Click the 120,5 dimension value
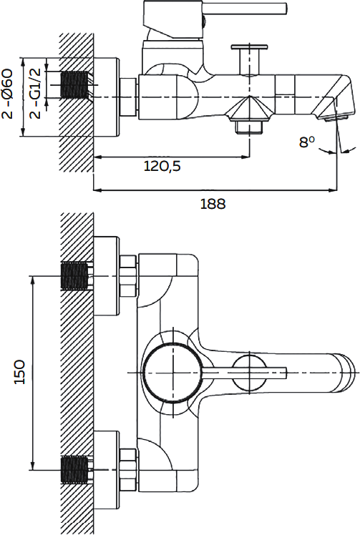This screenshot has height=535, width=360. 162,166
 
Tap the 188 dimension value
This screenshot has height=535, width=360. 213,204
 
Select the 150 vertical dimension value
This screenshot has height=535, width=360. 20,371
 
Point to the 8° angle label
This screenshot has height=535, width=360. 307,142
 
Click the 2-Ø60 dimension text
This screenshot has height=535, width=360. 7,94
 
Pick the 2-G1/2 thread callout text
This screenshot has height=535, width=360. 35,93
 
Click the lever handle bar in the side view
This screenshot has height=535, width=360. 245,8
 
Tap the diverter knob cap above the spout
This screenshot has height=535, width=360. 250,46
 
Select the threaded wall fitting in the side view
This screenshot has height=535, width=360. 74,84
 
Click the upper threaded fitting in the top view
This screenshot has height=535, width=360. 75,275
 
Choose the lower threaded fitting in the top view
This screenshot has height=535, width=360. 75,471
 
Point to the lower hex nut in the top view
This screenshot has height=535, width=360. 128,470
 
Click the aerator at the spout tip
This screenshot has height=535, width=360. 336,119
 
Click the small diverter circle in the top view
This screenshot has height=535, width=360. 250,372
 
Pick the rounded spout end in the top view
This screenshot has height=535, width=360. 346,373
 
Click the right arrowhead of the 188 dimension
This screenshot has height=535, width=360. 333,190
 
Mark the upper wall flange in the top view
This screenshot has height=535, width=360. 106,275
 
